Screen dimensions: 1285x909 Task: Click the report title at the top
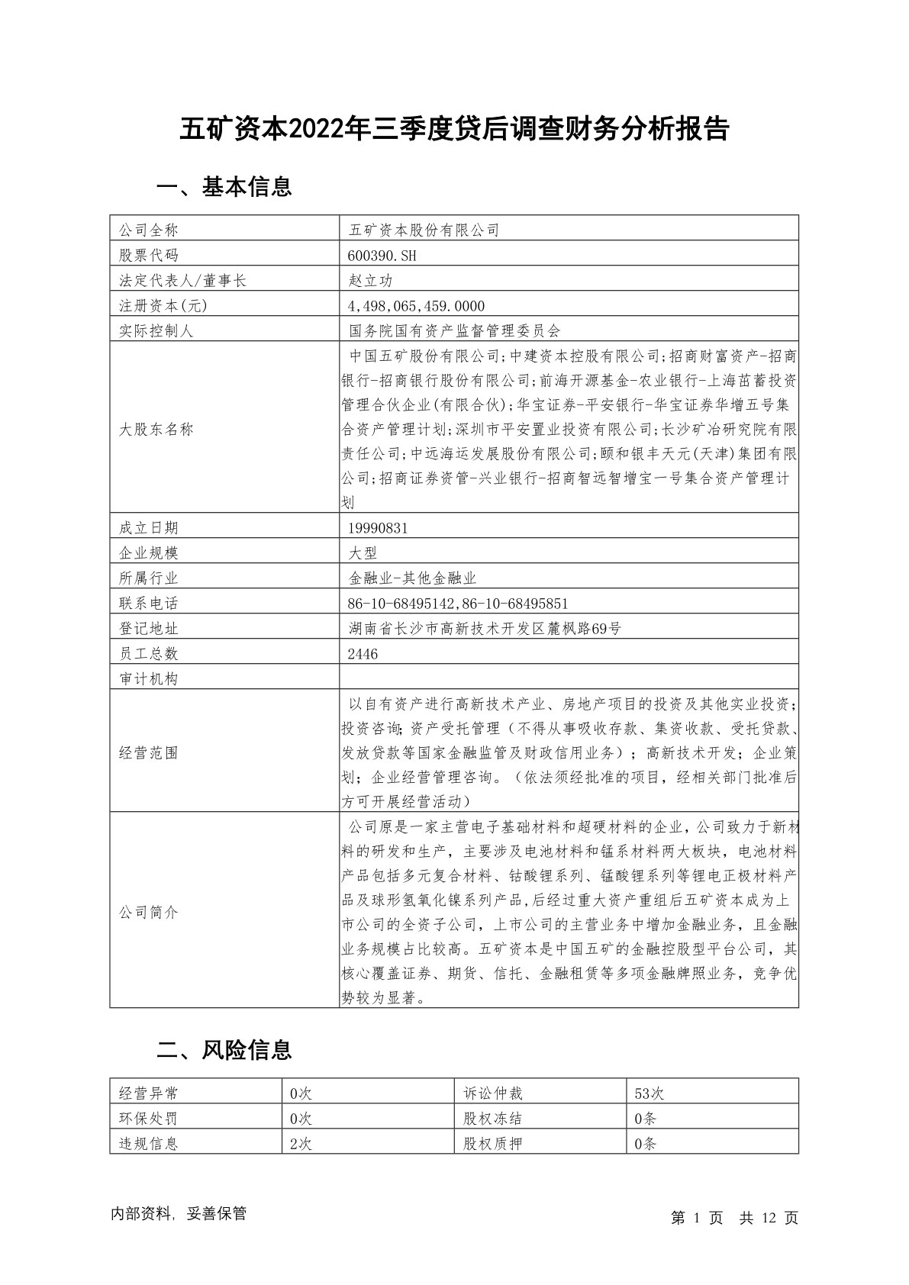tap(454, 129)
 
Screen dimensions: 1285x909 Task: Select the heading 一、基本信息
tap(224, 187)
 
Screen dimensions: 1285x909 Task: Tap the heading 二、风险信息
tap(224, 1051)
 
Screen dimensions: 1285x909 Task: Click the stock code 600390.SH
tap(382, 255)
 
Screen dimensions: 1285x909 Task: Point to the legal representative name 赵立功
tap(370, 280)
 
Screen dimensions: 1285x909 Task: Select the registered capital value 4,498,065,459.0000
tap(416, 305)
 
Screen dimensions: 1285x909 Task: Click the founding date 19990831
tap(378, 527)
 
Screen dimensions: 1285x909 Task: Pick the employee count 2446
tap(363, 654)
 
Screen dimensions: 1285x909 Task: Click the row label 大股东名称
tap(156, 429)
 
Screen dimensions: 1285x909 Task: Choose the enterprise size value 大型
tap(363, 552)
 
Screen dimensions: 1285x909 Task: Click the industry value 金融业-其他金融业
tap(412, 578)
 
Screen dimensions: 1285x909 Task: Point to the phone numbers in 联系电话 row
tap(458, 604)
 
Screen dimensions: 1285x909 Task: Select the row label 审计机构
tap(149, 679)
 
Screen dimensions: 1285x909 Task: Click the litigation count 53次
tap(650, 1093)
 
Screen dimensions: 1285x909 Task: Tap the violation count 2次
tap(301, 1144)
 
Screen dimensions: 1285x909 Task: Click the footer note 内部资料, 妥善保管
tap(179, 1214)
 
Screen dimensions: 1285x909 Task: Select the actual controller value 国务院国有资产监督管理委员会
tap(454, 330)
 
